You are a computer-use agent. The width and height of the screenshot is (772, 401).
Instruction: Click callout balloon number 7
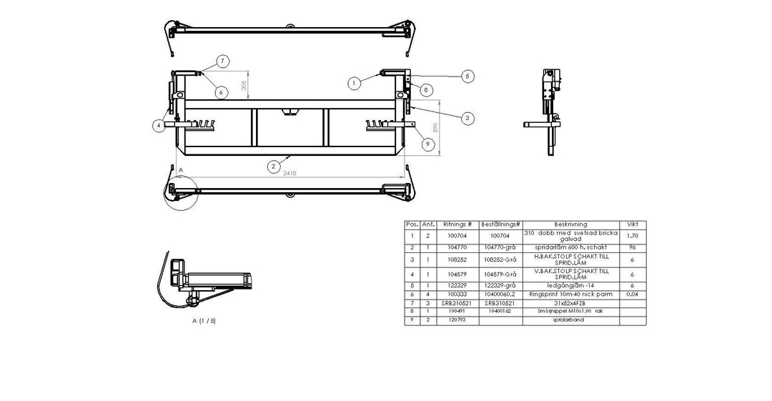click(x=223, y=61)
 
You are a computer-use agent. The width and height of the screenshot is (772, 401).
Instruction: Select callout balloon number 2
click(x=273, y=166)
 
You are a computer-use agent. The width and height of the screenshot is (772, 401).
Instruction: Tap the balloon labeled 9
click(x=427, y=144)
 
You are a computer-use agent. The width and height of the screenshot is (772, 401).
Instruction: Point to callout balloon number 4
click(x=157, y=126)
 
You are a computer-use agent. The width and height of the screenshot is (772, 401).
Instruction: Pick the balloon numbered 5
click(x=467, y=75)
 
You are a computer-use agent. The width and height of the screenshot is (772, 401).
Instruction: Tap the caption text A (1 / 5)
click(x=204, y=321)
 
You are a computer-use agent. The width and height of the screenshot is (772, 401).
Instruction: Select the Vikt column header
click(x=632, y=224)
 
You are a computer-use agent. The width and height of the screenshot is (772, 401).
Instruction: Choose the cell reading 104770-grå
click(x=499, y=247)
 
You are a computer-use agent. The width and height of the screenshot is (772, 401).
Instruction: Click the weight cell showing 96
click(x=632, y=247)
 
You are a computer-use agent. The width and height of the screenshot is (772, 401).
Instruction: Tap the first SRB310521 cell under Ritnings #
click(x=457, y=303)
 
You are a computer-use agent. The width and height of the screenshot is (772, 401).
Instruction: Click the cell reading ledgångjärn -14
click(x=570, y=284)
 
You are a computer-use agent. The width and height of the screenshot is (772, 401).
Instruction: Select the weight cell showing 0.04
click(x=632, y=294)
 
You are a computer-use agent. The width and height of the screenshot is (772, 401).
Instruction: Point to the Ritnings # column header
click(x=457, y=224)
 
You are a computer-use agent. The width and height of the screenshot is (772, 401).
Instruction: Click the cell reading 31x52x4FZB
click(x=570, y=303)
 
